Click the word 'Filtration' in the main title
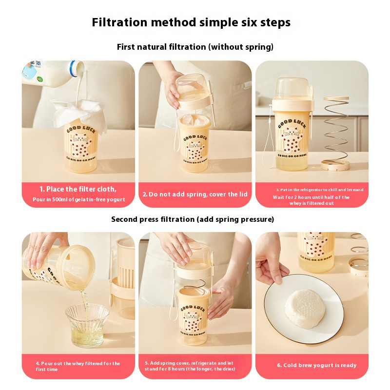tap(119, 22)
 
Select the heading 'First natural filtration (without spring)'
tap(195, 47)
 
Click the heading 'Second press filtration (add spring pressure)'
tap(193, 219)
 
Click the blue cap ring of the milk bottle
tap(73, 69)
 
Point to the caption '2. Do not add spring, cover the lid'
tap(195, 194)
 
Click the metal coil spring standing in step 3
tap(336, 129)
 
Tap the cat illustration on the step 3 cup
tap(292, 139)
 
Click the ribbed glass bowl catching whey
tap(87, 325)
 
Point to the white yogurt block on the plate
tap(304, 309)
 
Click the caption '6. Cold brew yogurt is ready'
tap(316, 365)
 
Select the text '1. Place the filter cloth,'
tap(78, 189)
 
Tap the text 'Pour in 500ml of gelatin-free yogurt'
tap(79, 199)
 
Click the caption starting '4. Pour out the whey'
tap(78, 367)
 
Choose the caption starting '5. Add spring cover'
tap(190, 366)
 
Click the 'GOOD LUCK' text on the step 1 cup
tap(81, 129)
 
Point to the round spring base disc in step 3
tap(335, 165)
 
